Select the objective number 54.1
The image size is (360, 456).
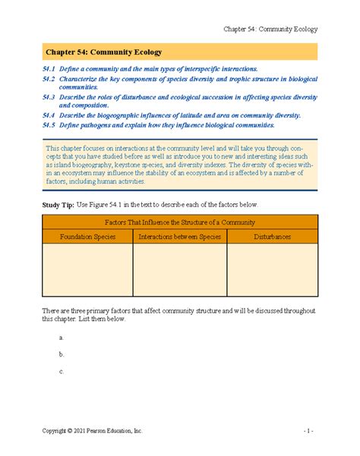click(x=49, y=69)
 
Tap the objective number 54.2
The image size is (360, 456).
click(x=49, y=79)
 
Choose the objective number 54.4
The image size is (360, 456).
click(x=49, y=115)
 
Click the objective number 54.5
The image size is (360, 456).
click(x=49, y=124)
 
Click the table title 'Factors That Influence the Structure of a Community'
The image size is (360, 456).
click(x=179, y=222)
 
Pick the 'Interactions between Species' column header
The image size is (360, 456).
click(x=179, y=237)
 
